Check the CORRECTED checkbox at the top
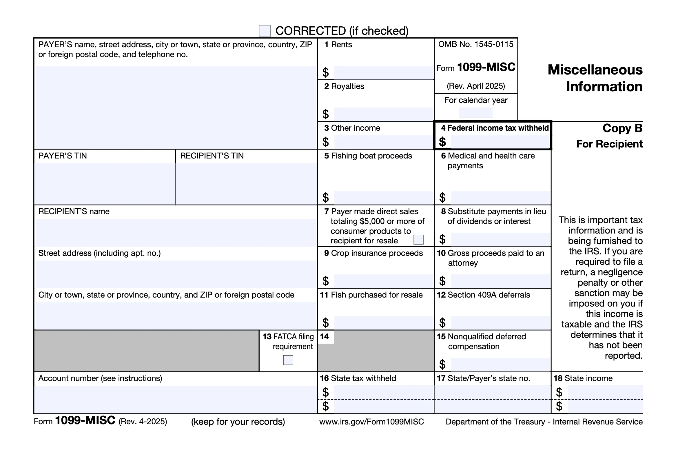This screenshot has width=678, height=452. coord(265,31)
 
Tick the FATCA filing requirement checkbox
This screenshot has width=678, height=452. coord(288,360)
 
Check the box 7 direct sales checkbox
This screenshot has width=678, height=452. coord(418,240)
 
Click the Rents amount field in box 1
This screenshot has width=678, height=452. coord(383,72)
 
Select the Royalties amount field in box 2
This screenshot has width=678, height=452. coord(383,114)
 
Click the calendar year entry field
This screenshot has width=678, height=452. coord(476,113)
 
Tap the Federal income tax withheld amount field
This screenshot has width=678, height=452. coord(500,142)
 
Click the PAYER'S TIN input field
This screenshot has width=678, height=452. coord(105,184)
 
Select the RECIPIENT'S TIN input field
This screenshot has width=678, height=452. coord(246,184)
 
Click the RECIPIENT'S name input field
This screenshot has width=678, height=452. coord(175,232)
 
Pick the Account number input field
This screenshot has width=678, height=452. coord(175,399)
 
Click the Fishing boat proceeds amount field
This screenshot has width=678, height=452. coord(383,198)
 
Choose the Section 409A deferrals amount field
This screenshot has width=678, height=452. coord(500,323)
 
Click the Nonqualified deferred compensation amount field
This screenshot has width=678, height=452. coord(500,364)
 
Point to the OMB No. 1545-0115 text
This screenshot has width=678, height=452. coord(475,44)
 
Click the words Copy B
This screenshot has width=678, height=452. coord(622,128)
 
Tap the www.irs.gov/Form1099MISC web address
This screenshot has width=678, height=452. coord(371,422)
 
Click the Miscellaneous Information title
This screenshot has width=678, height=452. coord(595,78)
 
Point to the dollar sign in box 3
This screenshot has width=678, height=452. coord(326,142)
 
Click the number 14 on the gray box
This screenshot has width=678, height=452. coord(325,337)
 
